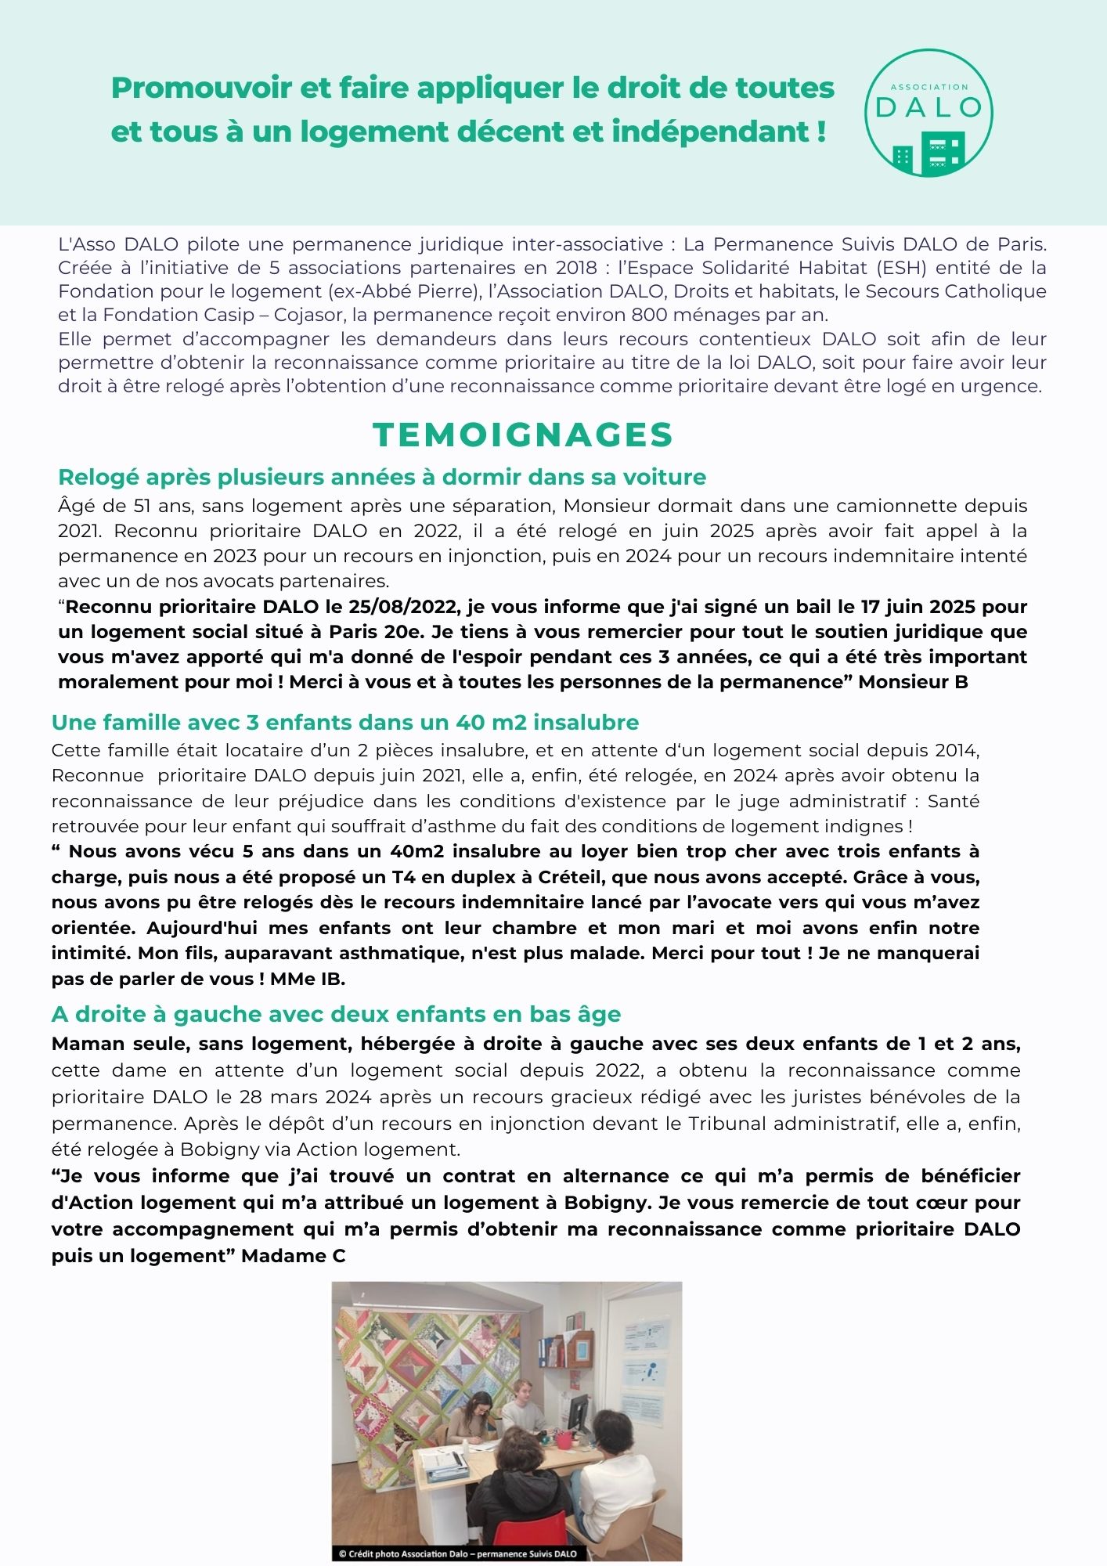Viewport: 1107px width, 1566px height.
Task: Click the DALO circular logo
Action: coord(929,113)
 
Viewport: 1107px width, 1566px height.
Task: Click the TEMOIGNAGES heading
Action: coord(523,435)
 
